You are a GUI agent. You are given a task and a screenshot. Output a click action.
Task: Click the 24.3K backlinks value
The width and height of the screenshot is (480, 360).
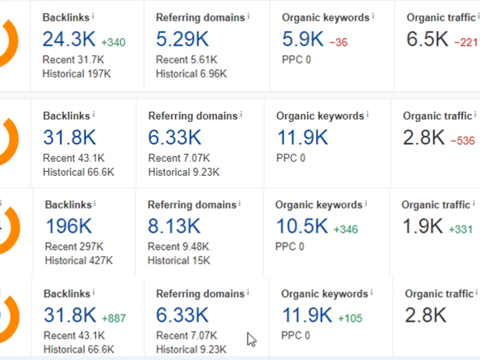[69, 39]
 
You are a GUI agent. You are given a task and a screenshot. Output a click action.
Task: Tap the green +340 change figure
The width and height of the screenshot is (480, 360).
[113, 42]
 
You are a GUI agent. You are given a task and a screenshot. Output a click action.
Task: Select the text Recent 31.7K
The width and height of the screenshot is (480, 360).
[73, 60]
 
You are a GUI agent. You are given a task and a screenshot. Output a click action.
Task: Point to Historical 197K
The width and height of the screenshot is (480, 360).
[76, 74]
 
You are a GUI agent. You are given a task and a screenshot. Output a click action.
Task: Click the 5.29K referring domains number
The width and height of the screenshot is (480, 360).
[182, 39]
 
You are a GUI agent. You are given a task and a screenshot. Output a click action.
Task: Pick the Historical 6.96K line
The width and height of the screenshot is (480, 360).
[192, 74]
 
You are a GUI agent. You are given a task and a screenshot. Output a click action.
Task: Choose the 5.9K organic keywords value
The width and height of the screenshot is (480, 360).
[302, 39]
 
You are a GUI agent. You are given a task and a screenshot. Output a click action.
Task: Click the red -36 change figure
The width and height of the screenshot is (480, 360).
[338, 42]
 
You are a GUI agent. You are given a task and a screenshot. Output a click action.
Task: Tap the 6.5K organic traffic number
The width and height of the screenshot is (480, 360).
[427, 39]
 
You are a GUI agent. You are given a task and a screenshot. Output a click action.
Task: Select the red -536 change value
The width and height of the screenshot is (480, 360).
[463, 141]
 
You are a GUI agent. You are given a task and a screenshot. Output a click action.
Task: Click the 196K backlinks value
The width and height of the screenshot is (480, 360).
[69, 226]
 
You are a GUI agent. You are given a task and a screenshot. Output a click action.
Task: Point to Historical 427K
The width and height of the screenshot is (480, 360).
[79, 261]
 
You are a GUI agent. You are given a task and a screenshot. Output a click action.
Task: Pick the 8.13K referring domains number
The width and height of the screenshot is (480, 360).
[174, 226]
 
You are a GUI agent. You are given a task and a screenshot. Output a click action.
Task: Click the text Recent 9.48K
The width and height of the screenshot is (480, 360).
[178, 246]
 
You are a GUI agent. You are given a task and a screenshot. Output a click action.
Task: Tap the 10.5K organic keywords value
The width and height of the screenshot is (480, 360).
[302, 226]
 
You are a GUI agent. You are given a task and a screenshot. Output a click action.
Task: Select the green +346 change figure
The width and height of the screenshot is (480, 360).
[346, 229]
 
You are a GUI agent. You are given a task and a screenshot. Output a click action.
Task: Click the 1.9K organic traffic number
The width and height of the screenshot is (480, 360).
[422, 226]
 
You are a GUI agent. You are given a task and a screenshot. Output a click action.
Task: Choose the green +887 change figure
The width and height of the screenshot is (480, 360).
[114, 318]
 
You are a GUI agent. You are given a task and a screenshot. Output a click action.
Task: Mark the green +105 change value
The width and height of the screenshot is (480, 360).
[350, 318]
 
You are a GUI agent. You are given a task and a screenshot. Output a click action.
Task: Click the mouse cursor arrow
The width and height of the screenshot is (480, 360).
[252, 339]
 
